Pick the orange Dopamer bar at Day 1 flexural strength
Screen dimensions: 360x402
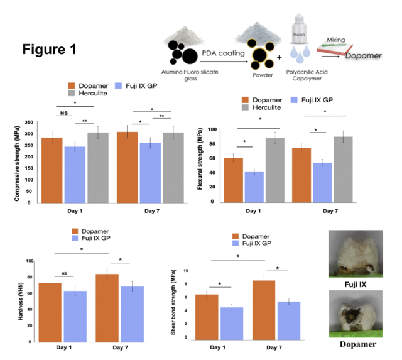pyautogui.click(x=234, y=180)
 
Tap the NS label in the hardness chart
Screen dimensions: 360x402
pyautogui.click(x=64, y=273)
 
